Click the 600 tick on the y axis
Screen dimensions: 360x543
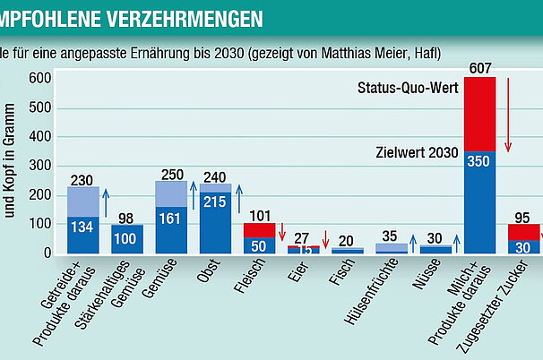tap(39, 78)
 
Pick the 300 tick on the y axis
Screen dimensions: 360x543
tap(39, 166)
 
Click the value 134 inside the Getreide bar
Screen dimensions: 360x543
tap(83, 226)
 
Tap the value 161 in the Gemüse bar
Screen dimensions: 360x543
tap(171, 218)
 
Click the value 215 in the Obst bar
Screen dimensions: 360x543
tap(215, 203)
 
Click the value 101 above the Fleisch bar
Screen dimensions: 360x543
tap(259, 215)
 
